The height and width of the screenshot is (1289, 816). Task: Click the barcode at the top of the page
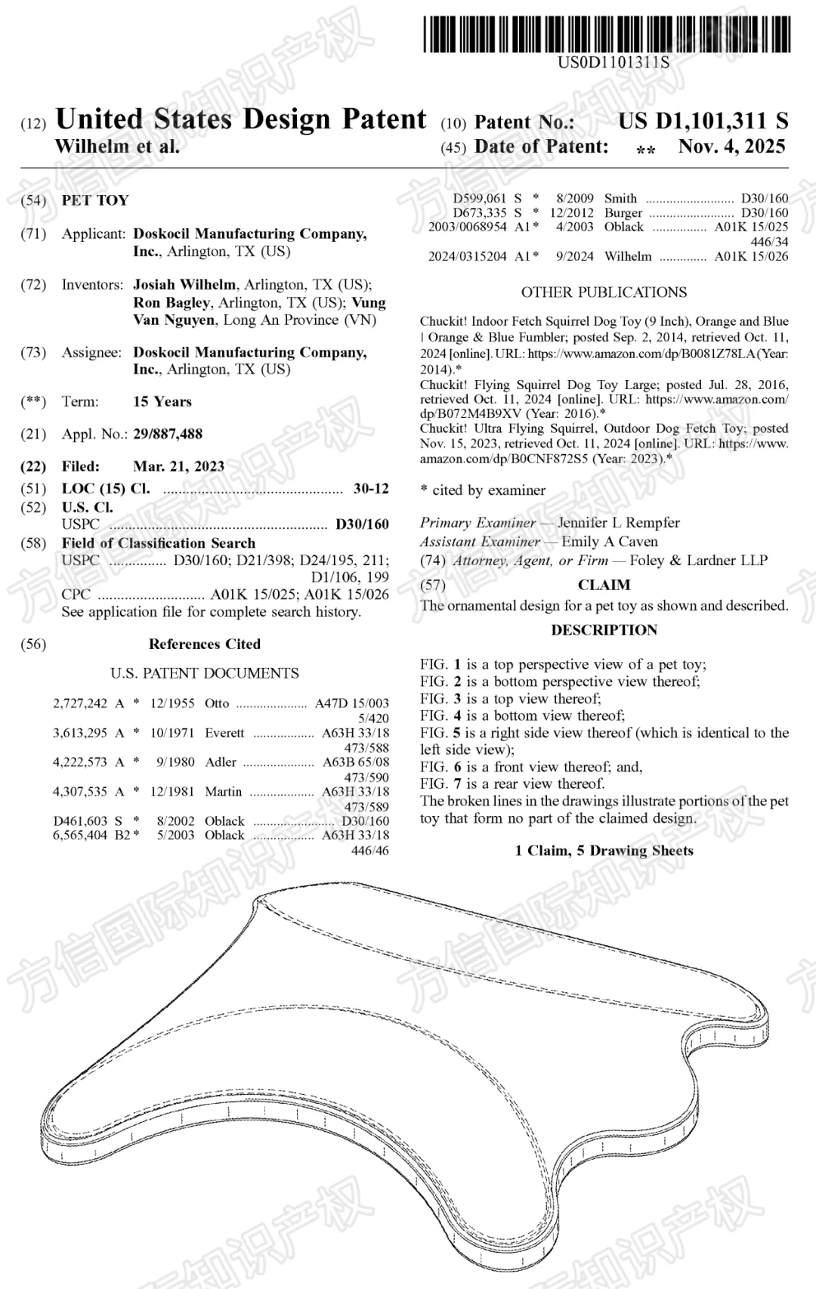pos(607,33)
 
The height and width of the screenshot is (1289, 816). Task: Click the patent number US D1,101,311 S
pos(703,121)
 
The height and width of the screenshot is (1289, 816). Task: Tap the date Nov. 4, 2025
pos(731,147)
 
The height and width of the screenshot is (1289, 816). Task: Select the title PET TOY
pos(95,200)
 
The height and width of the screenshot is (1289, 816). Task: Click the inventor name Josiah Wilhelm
pos(184,285)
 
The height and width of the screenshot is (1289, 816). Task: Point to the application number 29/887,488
pos(168,434)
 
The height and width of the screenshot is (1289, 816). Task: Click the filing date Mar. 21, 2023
pos(178,466)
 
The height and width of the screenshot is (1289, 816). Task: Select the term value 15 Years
pos(162,401)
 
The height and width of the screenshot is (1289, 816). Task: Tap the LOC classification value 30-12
pos(371,488)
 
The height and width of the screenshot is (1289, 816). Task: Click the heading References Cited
pos(204,644)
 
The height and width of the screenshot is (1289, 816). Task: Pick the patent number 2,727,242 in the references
pos(80,703)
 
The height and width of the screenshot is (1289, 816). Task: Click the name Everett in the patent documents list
pos(224,732)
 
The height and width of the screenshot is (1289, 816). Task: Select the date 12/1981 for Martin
pos(173,791)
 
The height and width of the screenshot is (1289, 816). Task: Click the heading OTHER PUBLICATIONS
pos(604,292)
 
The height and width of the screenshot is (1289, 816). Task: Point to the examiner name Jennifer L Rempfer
pos(619,523)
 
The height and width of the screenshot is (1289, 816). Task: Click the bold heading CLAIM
pos(604,585)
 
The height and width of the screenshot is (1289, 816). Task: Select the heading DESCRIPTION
pos(604,630)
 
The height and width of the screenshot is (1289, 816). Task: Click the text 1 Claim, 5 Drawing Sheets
pos(604,851)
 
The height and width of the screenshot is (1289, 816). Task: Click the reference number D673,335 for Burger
pos(480,212)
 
